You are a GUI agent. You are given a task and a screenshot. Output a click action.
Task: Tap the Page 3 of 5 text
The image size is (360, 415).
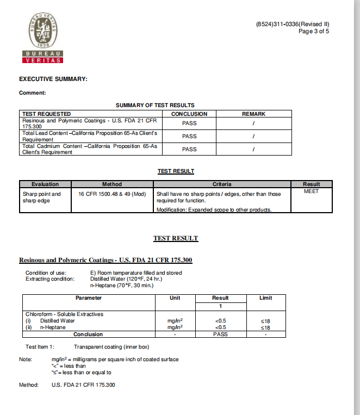click(x=314, y=31)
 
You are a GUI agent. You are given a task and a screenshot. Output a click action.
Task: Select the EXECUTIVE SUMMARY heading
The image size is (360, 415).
click(x=53, y=79)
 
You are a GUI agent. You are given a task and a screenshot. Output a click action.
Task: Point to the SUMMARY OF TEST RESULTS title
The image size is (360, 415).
click(x=155, y=105)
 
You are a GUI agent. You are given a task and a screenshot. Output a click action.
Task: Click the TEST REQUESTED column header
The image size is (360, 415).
click(x=46, y=114)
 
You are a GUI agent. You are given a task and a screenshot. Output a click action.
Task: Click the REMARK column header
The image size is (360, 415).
click(x=253, y=114)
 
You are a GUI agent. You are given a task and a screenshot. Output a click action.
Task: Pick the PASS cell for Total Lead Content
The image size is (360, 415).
click(x=189, y=137)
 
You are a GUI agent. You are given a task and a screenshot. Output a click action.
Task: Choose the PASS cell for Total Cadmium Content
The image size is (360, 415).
click(x=189, y=149)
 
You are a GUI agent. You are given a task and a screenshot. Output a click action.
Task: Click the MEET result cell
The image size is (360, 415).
click(x=312, y=191)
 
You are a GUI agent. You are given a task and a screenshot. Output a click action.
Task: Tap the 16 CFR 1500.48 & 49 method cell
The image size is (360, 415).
click(x=112, y=194)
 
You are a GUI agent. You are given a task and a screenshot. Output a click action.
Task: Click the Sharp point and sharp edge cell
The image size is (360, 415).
click(x=42, y=197)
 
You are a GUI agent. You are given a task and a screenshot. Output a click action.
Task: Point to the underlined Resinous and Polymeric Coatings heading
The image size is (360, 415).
click(x=105, y=260)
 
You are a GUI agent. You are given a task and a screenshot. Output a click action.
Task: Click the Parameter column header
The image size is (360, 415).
click(x=89, y=298)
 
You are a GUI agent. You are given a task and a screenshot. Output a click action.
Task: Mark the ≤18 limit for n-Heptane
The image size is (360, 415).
click(x=265, y=328)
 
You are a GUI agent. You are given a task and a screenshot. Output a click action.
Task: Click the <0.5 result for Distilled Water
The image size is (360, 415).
click(x=220, y=321)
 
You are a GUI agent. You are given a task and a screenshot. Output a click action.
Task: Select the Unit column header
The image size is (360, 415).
click(x=175, y=298)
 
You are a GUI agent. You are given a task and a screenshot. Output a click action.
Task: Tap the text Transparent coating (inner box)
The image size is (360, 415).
click(x=111, y=346)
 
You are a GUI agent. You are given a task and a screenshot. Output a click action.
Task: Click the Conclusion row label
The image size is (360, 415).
click(x=88, y=335)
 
